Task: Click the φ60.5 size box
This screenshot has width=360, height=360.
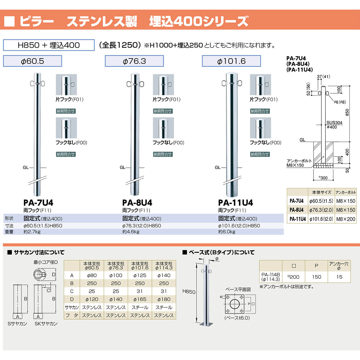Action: click(x=32, y=61)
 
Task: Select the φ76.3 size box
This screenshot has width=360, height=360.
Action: click(x=134, y=61)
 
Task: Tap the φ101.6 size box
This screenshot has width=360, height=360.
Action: click(x=231, y=61)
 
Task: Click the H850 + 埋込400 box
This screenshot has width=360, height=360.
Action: click(x=49, y=45)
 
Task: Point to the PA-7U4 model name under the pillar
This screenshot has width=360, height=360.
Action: click(x=38, y=203)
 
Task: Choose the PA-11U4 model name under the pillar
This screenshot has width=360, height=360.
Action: click(x=235, y=203)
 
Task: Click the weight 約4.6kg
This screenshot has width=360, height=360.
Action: click(x=131, y=232)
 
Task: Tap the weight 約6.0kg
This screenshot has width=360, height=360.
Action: click(x=227, y=232)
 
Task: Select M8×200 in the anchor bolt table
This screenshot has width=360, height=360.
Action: click(x=346, y=219)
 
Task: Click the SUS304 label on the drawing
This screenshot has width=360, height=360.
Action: click(x=334, y=123)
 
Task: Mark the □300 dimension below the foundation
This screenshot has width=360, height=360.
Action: click(x=323, y=178)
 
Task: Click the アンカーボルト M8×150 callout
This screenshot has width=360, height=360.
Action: click(x=299, y=163)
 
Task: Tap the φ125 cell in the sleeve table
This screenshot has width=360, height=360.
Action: click(x=140, y=275)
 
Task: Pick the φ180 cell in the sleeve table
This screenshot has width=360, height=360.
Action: click(x=164, y=299)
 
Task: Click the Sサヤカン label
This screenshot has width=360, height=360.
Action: click(x=17, y=324)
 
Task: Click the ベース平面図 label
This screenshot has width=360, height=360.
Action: click(x=238, y=289)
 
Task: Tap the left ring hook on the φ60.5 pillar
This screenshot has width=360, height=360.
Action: click(x=32, y=83)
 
